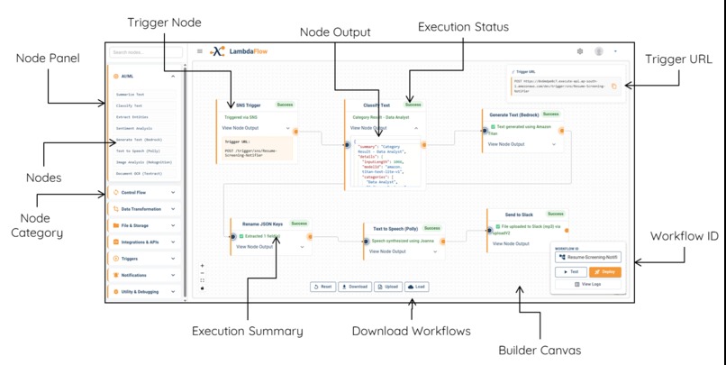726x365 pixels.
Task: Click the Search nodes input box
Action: (144, 52)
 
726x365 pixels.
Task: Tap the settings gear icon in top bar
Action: (580, 51)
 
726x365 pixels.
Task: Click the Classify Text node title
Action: (376, 105)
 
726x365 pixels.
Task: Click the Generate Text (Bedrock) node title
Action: (513, 115)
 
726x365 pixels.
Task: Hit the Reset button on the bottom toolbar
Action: (323, 287)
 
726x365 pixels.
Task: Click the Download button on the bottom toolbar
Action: (356, 287)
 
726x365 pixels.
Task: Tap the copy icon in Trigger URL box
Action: (614, 87)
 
